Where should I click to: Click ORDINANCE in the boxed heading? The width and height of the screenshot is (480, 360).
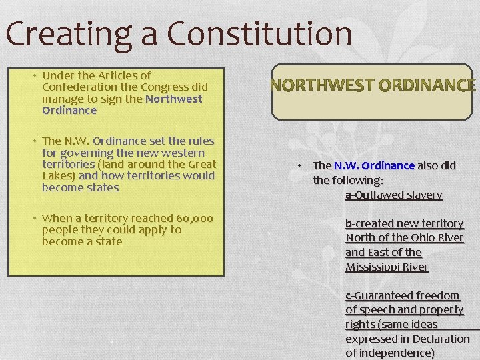pyautogui.click(x=427, y=85)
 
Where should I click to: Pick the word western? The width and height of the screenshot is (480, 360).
pyautogui.click(x=189, y=153)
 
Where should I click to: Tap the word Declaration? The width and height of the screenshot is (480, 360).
pyautogui.click(x=441, y=339)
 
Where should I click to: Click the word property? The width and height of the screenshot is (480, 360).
pyautogui.click(x=442, y=310)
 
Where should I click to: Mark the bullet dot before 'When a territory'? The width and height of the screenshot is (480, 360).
pyautogui.click(x=35, y=218)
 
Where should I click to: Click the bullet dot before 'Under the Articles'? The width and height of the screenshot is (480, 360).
pyautogui.click(x=35, y=75)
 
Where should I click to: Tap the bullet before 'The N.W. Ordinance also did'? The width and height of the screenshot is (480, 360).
pyautogui.click(x=301, y=165)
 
